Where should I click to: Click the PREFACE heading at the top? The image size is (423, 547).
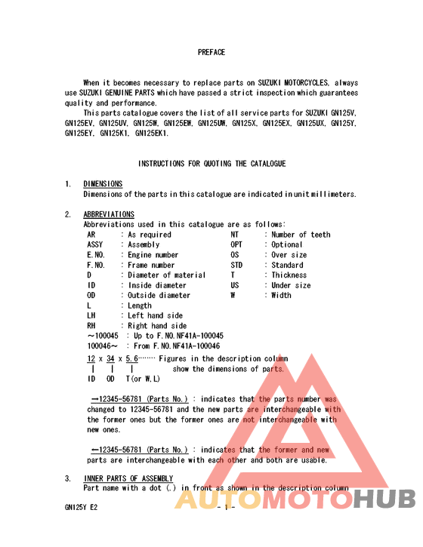coord(211,52)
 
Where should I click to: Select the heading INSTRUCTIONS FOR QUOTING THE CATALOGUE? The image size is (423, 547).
coord(211,164)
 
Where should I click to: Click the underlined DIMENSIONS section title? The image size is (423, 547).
coord(103,184)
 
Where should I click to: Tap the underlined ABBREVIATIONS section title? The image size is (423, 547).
coord(109,214)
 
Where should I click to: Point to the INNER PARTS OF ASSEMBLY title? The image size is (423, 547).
coord(128,478)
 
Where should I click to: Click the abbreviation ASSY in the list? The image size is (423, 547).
coord(96,245)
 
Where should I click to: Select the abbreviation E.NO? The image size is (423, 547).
coord(96,255)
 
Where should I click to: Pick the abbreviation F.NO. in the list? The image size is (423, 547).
coord(96,266)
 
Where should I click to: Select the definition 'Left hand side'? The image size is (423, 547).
coord(156,316)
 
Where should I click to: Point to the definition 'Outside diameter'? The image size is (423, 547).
coord(159,296)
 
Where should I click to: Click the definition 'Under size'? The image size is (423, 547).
coord(292,286)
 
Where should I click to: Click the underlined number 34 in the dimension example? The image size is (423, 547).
coord(110,358)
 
